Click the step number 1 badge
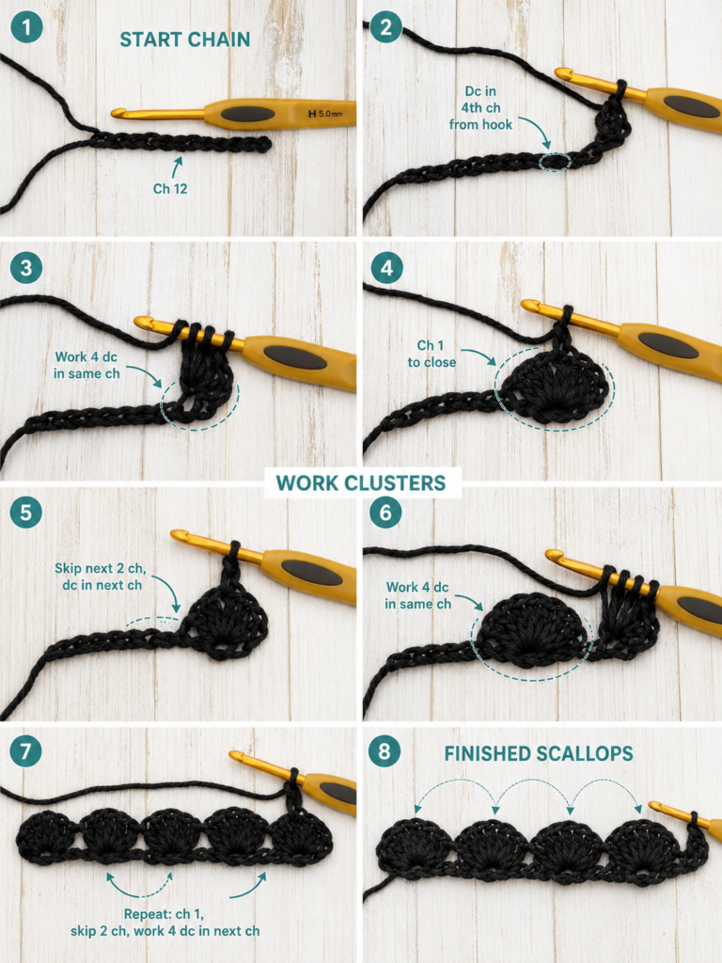[26, 27]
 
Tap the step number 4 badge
[386, 268]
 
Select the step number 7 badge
[25, 751]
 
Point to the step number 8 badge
[385, 751]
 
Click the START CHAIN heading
[185, 39]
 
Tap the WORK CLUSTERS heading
[361, 483]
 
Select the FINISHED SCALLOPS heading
[539, 753]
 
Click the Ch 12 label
[170, 188]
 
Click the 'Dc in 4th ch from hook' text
[480, 108]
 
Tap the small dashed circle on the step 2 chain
[555, 162]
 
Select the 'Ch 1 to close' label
[432, 355]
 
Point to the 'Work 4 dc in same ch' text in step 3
[86, 366]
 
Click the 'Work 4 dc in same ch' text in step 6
[417, 595]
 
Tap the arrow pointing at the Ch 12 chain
[177, 167]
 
